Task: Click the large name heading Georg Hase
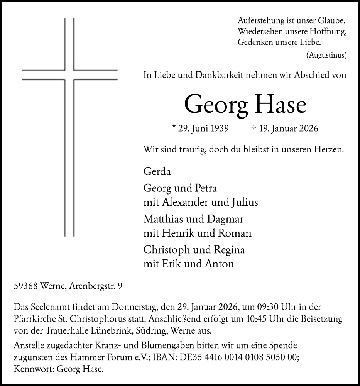[x=245, y=104]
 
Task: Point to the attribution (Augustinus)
[x=326, y=55]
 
